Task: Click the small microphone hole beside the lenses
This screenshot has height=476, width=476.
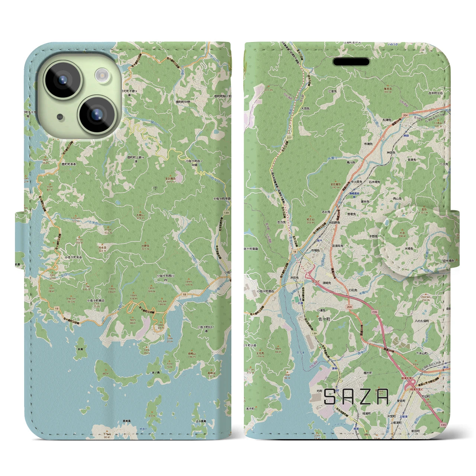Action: pyautogui.click(x=60, y=117)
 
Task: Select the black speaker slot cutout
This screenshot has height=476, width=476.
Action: pyautogui.click(x=351, y=61)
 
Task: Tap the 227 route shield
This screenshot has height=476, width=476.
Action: pyautogui.click(x=289, y=137)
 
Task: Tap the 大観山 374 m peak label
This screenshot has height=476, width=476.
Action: pyautogui.click(x=140, y=216)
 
